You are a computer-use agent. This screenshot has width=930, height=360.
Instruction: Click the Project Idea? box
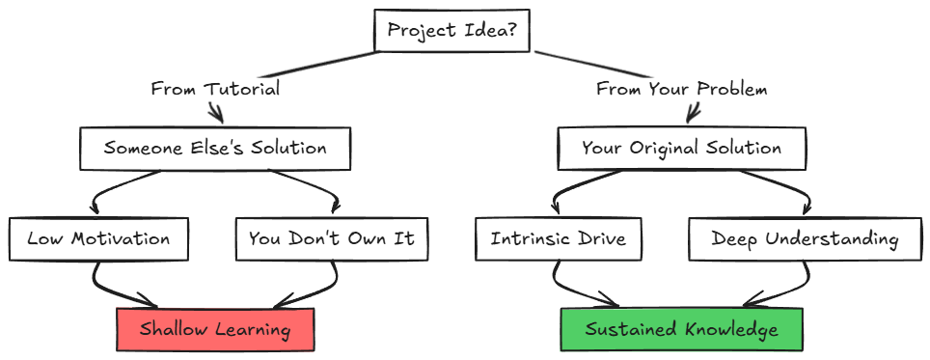tap(452, 30)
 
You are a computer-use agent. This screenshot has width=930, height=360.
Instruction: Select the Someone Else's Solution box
tap(215, 149)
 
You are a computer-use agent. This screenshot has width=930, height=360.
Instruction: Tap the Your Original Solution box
tap(681, 149)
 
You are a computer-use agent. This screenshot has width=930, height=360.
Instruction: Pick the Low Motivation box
tap(98, 238)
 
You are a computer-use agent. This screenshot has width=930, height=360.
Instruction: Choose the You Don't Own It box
tap(331, 238)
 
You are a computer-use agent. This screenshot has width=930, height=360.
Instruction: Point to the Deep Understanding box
tap(805, 238)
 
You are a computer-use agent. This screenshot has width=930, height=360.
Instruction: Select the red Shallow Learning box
tap(215, 329)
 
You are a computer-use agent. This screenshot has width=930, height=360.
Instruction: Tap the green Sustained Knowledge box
tap(681, 329)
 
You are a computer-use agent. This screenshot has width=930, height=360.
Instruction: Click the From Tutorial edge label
tap(215, 89)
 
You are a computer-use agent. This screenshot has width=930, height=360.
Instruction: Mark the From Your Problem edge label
tap(681, 89)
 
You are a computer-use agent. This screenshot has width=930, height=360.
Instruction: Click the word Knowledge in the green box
tap(730, 330)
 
